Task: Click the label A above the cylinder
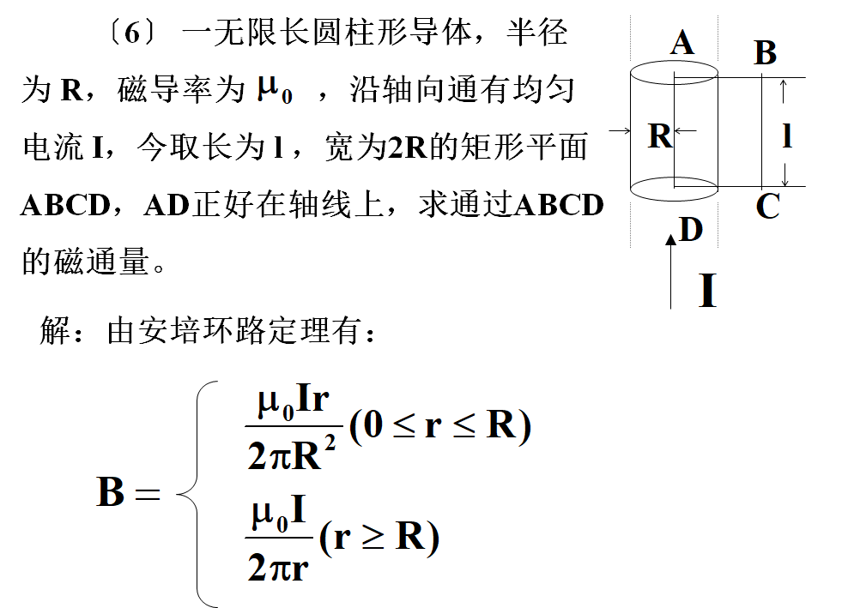click(681, 42)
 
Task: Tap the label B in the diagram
click(765, 53)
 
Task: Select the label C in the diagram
click(767, 207)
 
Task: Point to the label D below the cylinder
click(691, 230)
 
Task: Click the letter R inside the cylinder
click(659, 135)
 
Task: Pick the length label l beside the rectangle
click(787, 135)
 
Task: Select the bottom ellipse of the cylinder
click(674, 186)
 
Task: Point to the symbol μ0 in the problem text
click(275, 88)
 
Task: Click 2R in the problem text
click(406, 147)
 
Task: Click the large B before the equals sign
click(112, 492)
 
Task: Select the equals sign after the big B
click(148, 495)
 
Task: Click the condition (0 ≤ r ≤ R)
click(439, 425)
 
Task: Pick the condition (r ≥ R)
click(379, 538)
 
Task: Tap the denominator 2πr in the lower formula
click(277, 567)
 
